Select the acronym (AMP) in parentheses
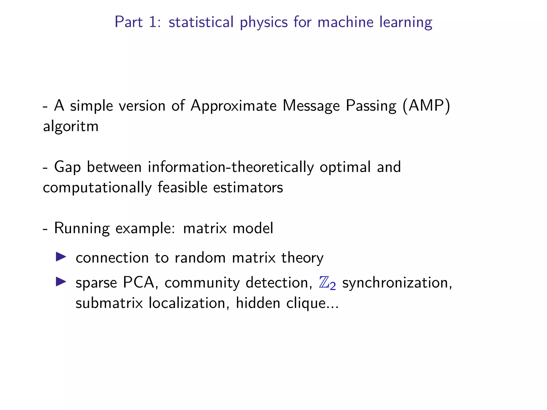[x=427, y=106]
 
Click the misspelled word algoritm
[x=71, y=127]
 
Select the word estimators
[x=248, y=187]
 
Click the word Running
[x=82, y=229]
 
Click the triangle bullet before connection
[x=61, y=257]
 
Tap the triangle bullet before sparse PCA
[x=61, y=282]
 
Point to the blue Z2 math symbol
[x=327, y=283]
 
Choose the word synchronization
[x=397, y=283]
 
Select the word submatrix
[x=109, y=303]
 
